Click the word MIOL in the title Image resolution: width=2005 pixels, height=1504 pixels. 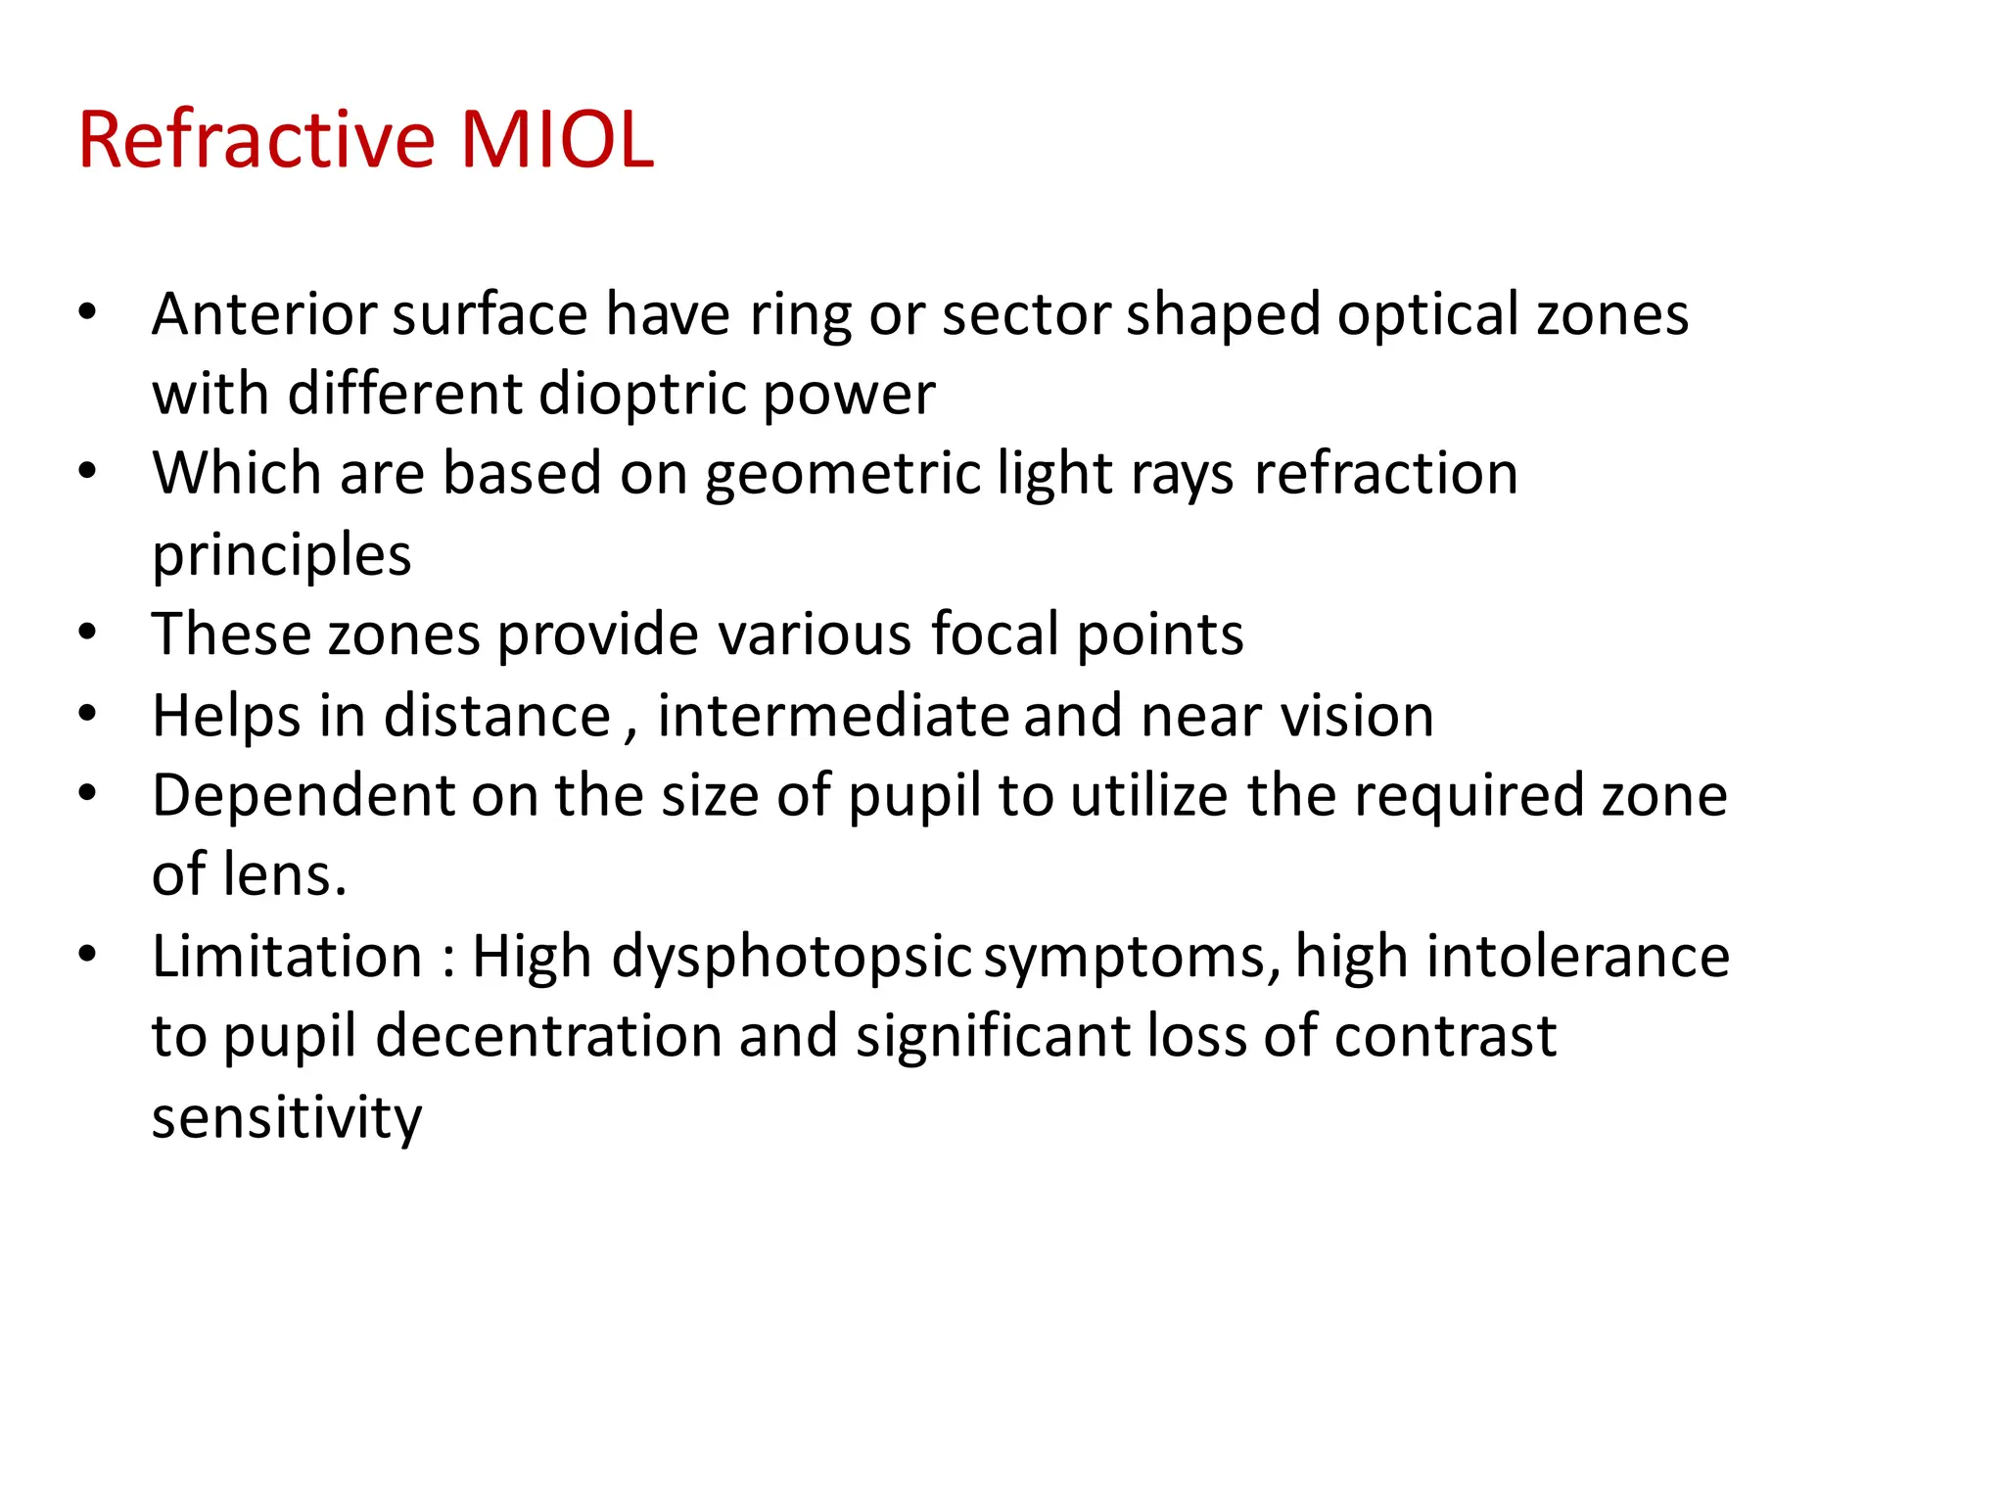556,140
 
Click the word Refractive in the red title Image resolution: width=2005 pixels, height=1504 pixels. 256,140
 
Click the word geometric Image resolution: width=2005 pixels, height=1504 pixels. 842,476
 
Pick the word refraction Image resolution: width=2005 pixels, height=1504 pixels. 1385,474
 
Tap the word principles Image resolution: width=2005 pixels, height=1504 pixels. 282,556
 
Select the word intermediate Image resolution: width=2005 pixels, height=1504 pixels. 832,715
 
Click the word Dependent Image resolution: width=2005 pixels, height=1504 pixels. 303,795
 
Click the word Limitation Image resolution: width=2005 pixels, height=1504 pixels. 287,956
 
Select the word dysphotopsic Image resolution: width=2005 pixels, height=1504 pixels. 791,958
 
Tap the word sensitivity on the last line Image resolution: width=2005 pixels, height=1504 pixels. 287,1117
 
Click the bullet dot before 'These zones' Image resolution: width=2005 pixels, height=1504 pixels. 88,633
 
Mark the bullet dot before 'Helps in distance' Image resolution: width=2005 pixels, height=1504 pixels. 88,713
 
